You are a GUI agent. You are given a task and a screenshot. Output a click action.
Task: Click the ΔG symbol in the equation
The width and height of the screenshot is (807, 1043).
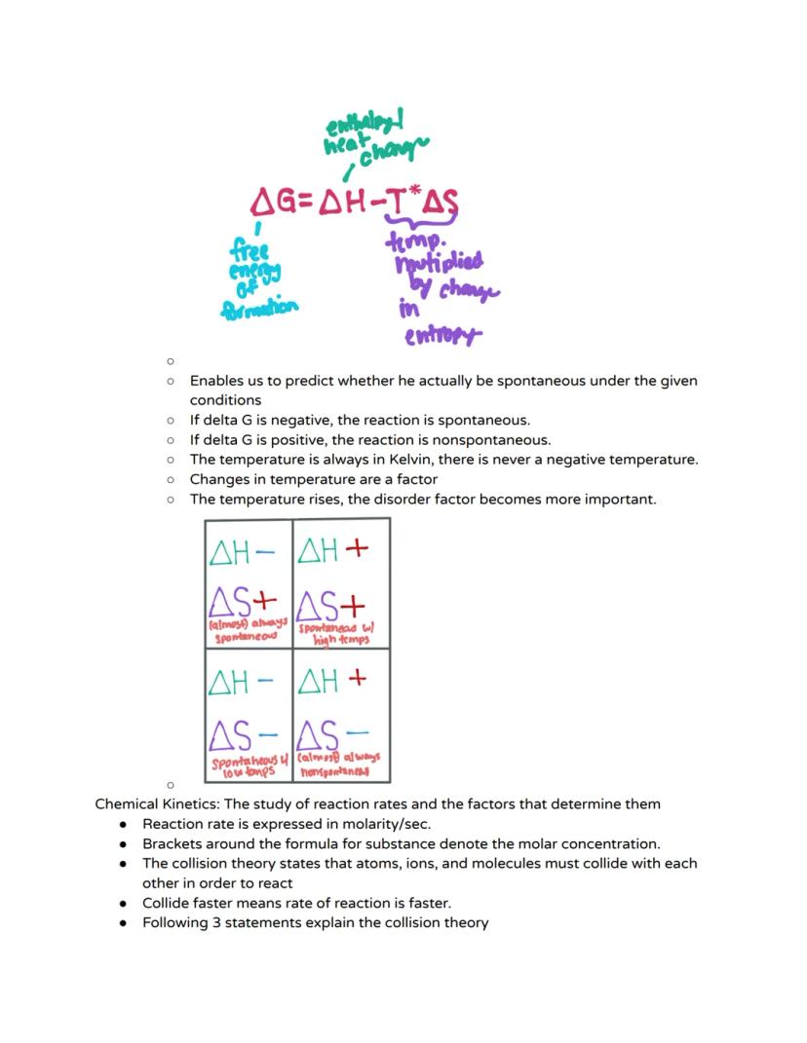click(273, 203)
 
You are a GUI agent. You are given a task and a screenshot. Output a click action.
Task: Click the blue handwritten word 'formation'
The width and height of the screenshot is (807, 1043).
click(259, 308)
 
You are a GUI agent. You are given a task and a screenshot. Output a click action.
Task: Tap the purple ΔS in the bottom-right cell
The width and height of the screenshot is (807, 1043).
click(317, 731)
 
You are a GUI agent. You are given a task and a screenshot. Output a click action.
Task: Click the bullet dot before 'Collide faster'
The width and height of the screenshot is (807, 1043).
click(124, 903)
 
